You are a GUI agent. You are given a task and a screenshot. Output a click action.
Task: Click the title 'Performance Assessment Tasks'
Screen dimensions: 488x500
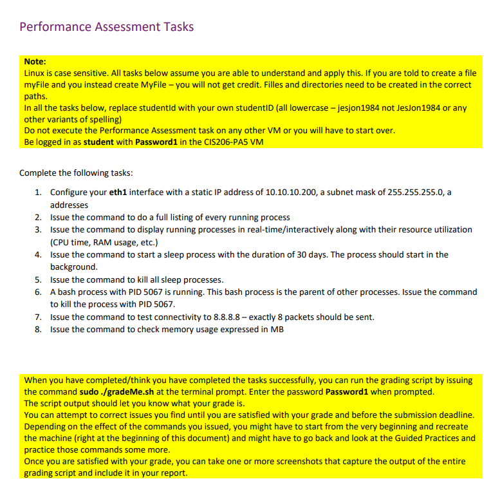point(106,26)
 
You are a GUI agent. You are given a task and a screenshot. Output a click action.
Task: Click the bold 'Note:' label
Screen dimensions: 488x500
point(35,62)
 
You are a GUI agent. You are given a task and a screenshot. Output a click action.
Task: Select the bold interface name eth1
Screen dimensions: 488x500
point(120,192)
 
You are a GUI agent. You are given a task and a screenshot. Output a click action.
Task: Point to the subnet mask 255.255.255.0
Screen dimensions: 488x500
point(417,192)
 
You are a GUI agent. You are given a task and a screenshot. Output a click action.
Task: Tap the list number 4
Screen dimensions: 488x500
point(39,254)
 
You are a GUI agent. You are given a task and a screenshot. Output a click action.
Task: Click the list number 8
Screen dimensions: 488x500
point(39,329)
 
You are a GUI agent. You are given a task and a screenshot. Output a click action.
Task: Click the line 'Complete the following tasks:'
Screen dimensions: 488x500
point(76,173)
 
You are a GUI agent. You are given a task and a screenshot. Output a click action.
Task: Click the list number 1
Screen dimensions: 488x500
point(39,192)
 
